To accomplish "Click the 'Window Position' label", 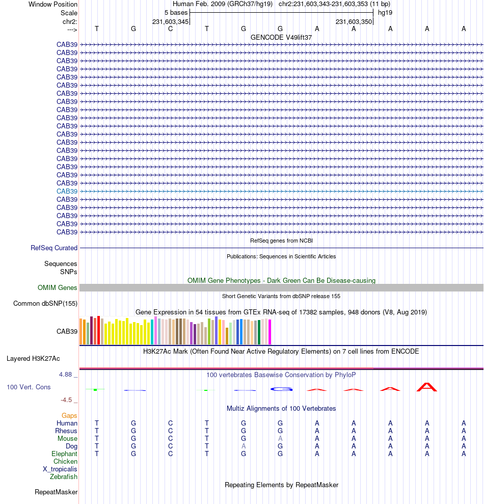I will (53, 4).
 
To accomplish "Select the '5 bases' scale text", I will (176, 12).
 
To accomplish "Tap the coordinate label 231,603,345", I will (171, 21).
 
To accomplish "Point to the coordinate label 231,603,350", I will (354, 21).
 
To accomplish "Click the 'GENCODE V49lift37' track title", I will (281, 37).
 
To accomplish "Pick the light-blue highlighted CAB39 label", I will (67, 191).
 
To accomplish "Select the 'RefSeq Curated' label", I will (54, 248).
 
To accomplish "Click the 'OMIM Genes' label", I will (58, 287).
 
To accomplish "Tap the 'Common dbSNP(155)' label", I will (45, 303).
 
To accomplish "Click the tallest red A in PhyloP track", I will (427, 387).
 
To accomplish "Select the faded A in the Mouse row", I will (280, 438).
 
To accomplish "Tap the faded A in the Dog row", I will (244, 446).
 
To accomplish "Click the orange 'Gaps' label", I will (69, 415).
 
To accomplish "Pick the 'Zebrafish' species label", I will (64, 476).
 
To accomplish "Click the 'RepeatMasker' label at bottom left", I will (56, 492).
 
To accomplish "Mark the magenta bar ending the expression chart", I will (270, 332).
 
